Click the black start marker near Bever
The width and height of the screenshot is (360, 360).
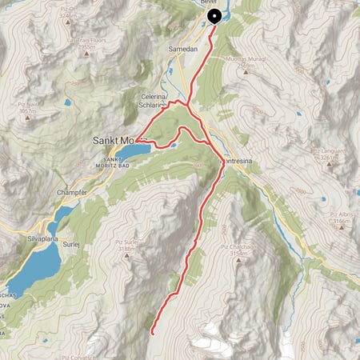(x=214, y=16)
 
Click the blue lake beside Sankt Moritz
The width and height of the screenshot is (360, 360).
(x=133, y=150)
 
